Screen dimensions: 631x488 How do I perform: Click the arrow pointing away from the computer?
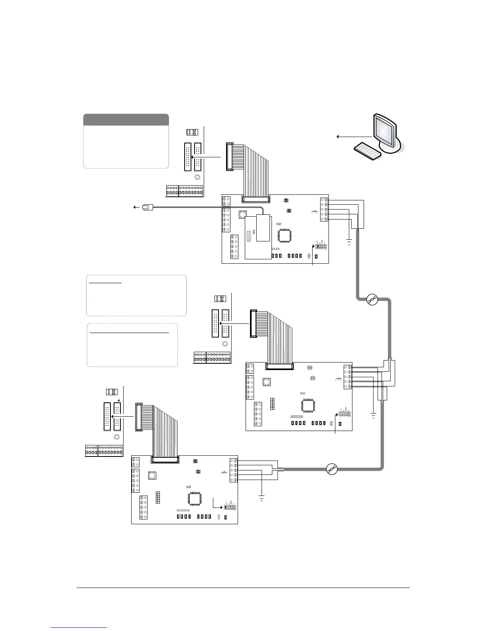(351, 137)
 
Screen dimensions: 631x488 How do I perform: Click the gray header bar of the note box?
(126, 120)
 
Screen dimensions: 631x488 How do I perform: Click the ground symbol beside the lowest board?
(262, 498)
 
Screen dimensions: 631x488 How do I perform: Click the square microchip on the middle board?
(308, 405)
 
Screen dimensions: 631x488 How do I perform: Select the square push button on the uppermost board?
(242, 215)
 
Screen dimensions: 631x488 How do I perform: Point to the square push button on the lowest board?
(152, 475)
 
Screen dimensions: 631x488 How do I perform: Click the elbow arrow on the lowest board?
(217, 504)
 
